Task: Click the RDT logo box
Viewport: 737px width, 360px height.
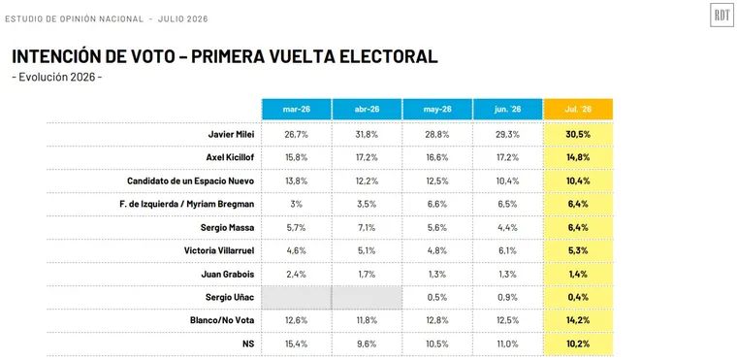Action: [x=721, y=16]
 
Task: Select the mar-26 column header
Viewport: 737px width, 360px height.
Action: [x=297, y=110]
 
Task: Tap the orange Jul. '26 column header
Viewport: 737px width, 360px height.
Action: [x=578, y=110]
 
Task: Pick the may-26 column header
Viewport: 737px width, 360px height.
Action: [x=437, y=110]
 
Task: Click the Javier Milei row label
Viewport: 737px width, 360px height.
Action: [x=231, y=134]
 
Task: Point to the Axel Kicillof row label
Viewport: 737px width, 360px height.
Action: [x=231, y=157]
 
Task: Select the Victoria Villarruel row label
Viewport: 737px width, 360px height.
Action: [x=219, y=250]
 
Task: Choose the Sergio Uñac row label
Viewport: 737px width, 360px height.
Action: [x=230, y=297]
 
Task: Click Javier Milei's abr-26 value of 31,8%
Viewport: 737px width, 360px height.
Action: [x=367, y=134]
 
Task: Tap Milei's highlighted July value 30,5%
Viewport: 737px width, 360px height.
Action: [x=578, y=134]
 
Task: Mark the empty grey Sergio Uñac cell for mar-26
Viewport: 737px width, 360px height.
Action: [x=297, y=297]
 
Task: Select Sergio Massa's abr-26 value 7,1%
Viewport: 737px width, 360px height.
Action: [x=367, y=227]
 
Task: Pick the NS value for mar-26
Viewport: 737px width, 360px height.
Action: [x=297, y=344]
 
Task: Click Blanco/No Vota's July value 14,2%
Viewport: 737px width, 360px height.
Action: [x=578, y=320]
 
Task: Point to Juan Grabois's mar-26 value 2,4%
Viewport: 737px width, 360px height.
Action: [x=297, y=274]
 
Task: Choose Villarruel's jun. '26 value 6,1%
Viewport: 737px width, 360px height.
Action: [x=507, y=250]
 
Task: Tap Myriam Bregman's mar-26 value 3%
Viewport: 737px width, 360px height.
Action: [x=297, y=204]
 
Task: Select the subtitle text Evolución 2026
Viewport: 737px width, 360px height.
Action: [x=57, y=78]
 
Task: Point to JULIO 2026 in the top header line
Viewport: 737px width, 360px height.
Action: [x=183, y=18]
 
